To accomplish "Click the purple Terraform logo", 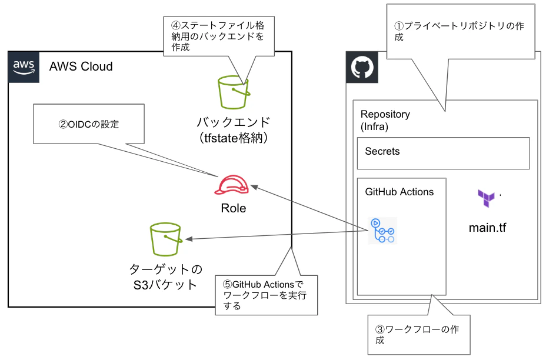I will point(487,199).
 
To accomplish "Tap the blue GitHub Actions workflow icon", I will point(382,231).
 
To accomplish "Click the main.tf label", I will point(487,227).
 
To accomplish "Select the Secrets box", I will point(443,152).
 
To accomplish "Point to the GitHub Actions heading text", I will point(399,192).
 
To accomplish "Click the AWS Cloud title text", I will point(81,66).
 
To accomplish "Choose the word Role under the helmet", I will point(233,208).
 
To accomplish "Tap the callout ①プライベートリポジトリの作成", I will point(459,32).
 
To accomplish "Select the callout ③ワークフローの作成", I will point(418,335).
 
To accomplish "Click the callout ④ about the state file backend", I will point(217,36).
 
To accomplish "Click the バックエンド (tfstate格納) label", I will point(233,130).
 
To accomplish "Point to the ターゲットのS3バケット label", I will point(165,277).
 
